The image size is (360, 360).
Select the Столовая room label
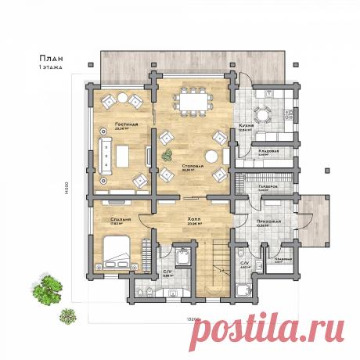[192, 167]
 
